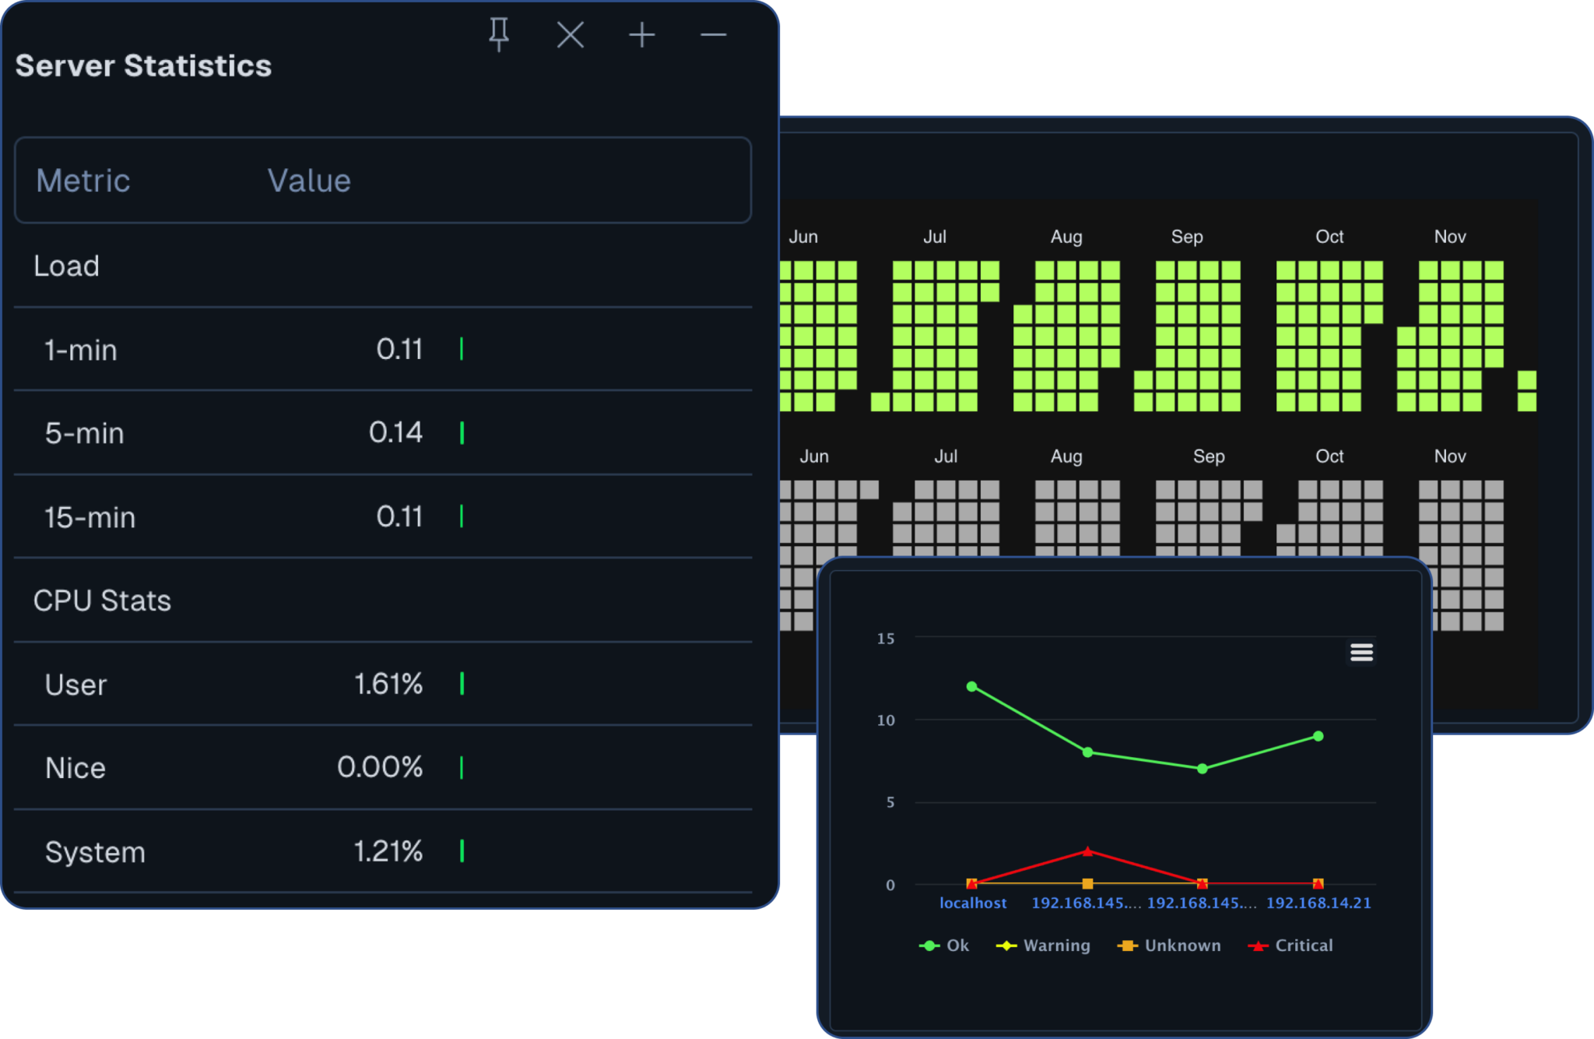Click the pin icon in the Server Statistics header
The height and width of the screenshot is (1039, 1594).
(x=499, y=34)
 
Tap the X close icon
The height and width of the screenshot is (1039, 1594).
(x=571, y=35)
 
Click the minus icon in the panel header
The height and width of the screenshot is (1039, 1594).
(x=713, y=35)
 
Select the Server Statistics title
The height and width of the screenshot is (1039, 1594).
(x=143, y=66)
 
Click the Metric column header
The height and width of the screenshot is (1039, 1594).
(x=83, y=181)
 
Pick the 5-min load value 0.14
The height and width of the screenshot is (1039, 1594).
(x=395, y=432)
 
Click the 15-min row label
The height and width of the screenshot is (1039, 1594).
(x=90, y=517)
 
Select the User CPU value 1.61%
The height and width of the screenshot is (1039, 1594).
(x=388, y=684)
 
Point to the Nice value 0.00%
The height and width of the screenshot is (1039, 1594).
(x=380, y=767)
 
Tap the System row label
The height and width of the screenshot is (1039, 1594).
(x=95, y=852)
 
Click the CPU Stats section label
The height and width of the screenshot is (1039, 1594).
(x=102, y=601)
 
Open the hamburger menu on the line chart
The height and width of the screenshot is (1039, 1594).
(x=1361, y=652)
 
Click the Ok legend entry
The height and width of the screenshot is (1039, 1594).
(x=944, y=946)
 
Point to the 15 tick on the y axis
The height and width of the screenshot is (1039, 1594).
(x=886, y=639)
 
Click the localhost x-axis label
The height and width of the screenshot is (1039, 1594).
(x=973, y=903)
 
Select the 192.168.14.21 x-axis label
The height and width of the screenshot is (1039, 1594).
(x=1318, y=903)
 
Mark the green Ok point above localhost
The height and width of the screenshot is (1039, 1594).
(x=971, y=686)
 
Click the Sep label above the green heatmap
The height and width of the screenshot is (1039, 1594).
(x=1187, y=237)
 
